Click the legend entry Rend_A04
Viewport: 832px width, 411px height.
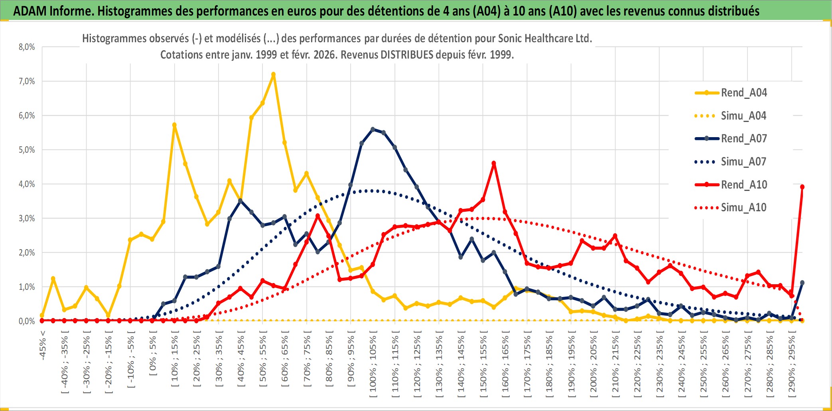pos(743,93)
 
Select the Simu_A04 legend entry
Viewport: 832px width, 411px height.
pos(743,116)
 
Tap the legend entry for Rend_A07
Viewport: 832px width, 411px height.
pos(743,139)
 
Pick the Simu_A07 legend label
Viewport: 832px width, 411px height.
pos(743,162)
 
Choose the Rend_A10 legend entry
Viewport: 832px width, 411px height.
pos(743,185)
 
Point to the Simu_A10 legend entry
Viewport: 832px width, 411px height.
pos(743,208)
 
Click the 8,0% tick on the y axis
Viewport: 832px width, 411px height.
pos(27,47)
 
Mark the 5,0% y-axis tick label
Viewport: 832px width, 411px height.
pos(27,150)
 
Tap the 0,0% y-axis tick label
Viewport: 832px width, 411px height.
pos(27,321)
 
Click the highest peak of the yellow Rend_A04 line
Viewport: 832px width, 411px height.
pos(273,74)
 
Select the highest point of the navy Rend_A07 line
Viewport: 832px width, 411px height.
pos(373,129)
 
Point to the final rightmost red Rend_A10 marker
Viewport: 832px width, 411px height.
pos(802,187)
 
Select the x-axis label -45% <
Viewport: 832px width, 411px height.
pos(43,345)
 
